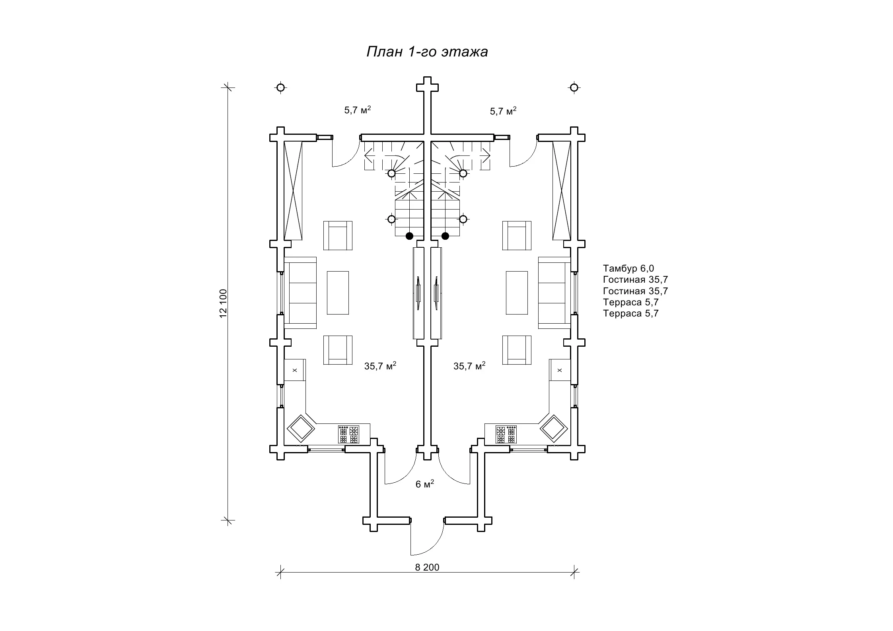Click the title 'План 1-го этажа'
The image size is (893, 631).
point(427,52)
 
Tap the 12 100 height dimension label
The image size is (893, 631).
point(223,303)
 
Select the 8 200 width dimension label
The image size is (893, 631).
point(427,567)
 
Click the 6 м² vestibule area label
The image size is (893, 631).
point(425,483)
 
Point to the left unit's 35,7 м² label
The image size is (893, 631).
point(380,366)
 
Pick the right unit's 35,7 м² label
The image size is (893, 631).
point(469,366)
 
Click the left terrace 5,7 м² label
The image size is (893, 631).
point(358,110)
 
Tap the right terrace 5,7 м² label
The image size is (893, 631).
point(503,111)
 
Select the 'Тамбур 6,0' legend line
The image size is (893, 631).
point(628,268)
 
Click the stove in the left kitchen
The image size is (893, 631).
point(348,434)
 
